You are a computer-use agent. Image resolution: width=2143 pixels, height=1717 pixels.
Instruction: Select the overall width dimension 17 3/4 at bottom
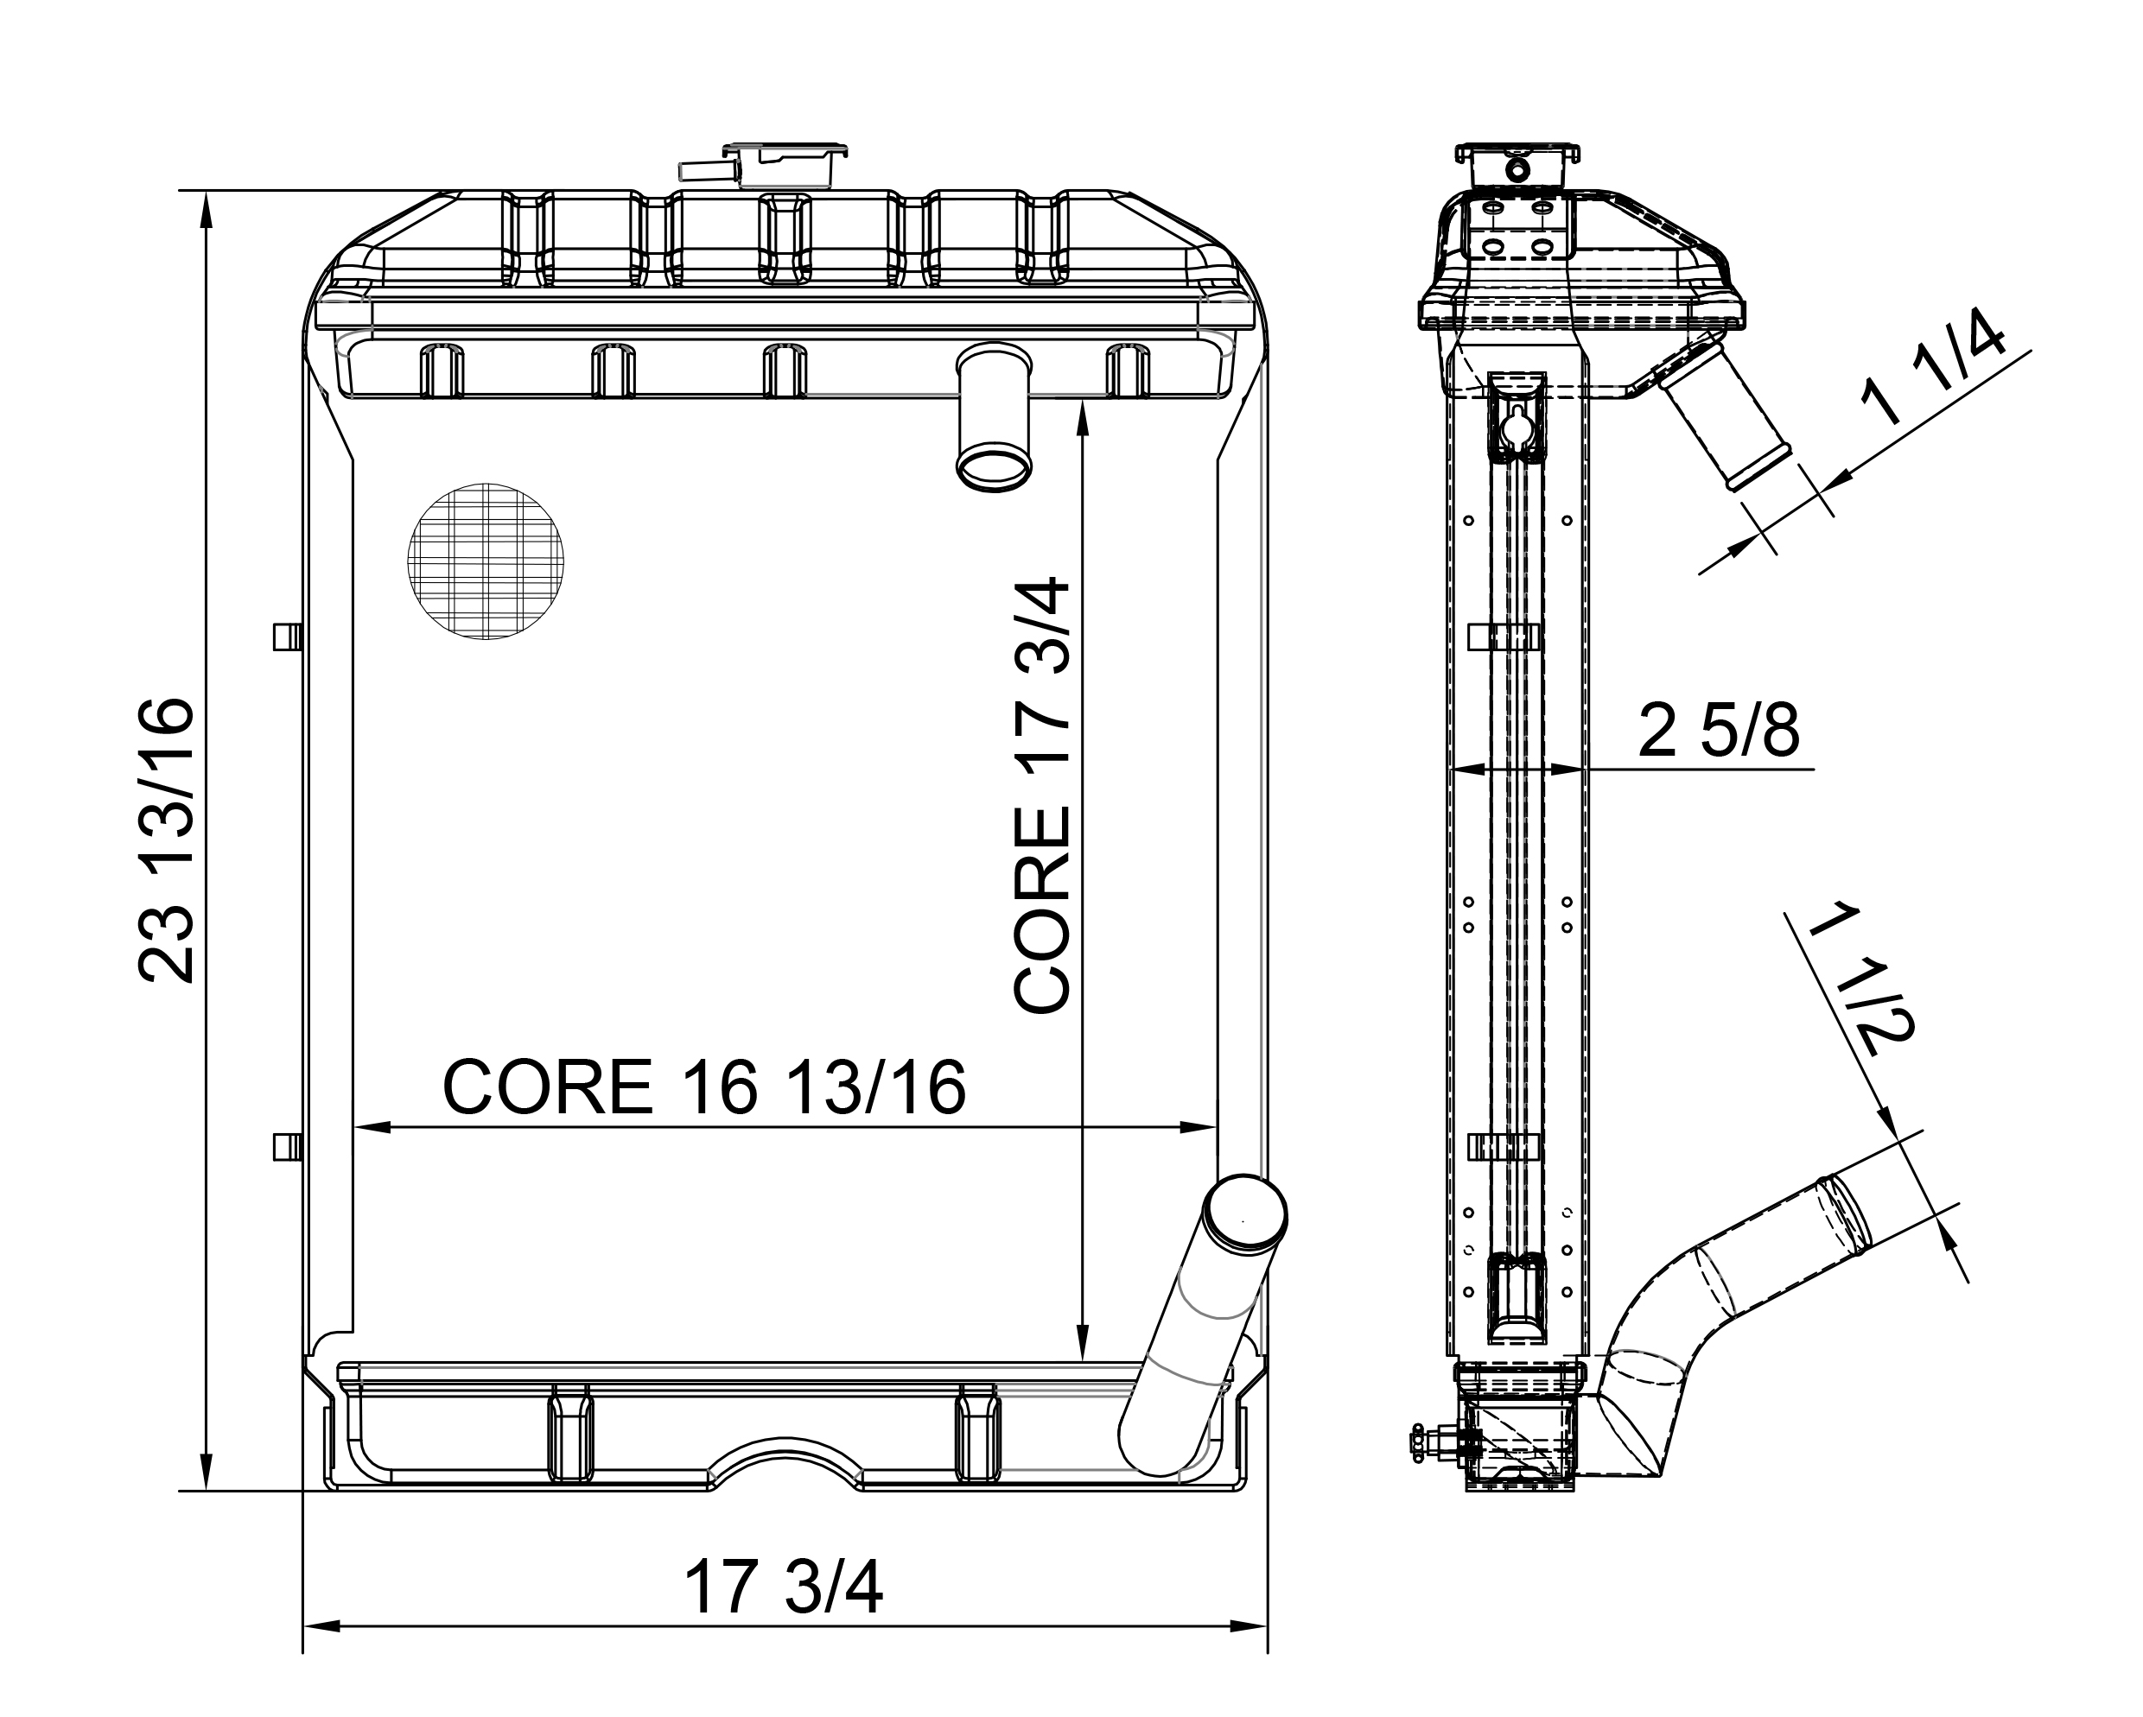(x=783, y=1587)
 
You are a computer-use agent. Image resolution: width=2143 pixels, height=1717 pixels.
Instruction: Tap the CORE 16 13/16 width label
(x=703, y=1087)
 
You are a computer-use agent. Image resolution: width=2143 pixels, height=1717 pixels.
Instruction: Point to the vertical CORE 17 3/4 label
(x=1041, y=795)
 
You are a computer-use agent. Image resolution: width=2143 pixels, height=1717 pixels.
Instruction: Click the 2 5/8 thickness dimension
(x=1718, y=732)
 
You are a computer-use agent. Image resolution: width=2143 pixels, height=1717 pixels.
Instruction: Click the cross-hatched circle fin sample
(x=485, y=561)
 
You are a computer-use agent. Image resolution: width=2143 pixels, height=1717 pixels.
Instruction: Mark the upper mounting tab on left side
(x=287, y=636)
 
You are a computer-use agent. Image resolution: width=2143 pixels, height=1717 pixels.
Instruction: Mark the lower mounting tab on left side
(x=287, y=1147)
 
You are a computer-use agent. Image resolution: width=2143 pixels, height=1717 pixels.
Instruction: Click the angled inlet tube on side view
(x=1725, y=415)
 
